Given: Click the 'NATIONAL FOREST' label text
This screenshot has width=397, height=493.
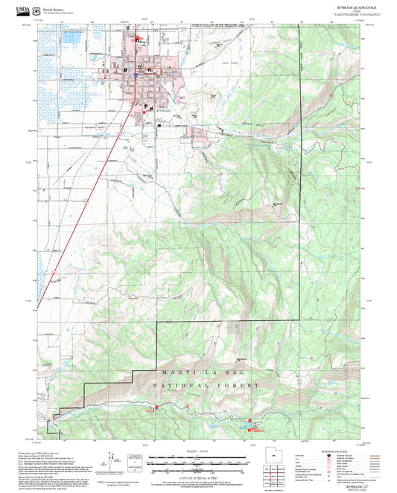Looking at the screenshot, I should coord(206,385).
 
